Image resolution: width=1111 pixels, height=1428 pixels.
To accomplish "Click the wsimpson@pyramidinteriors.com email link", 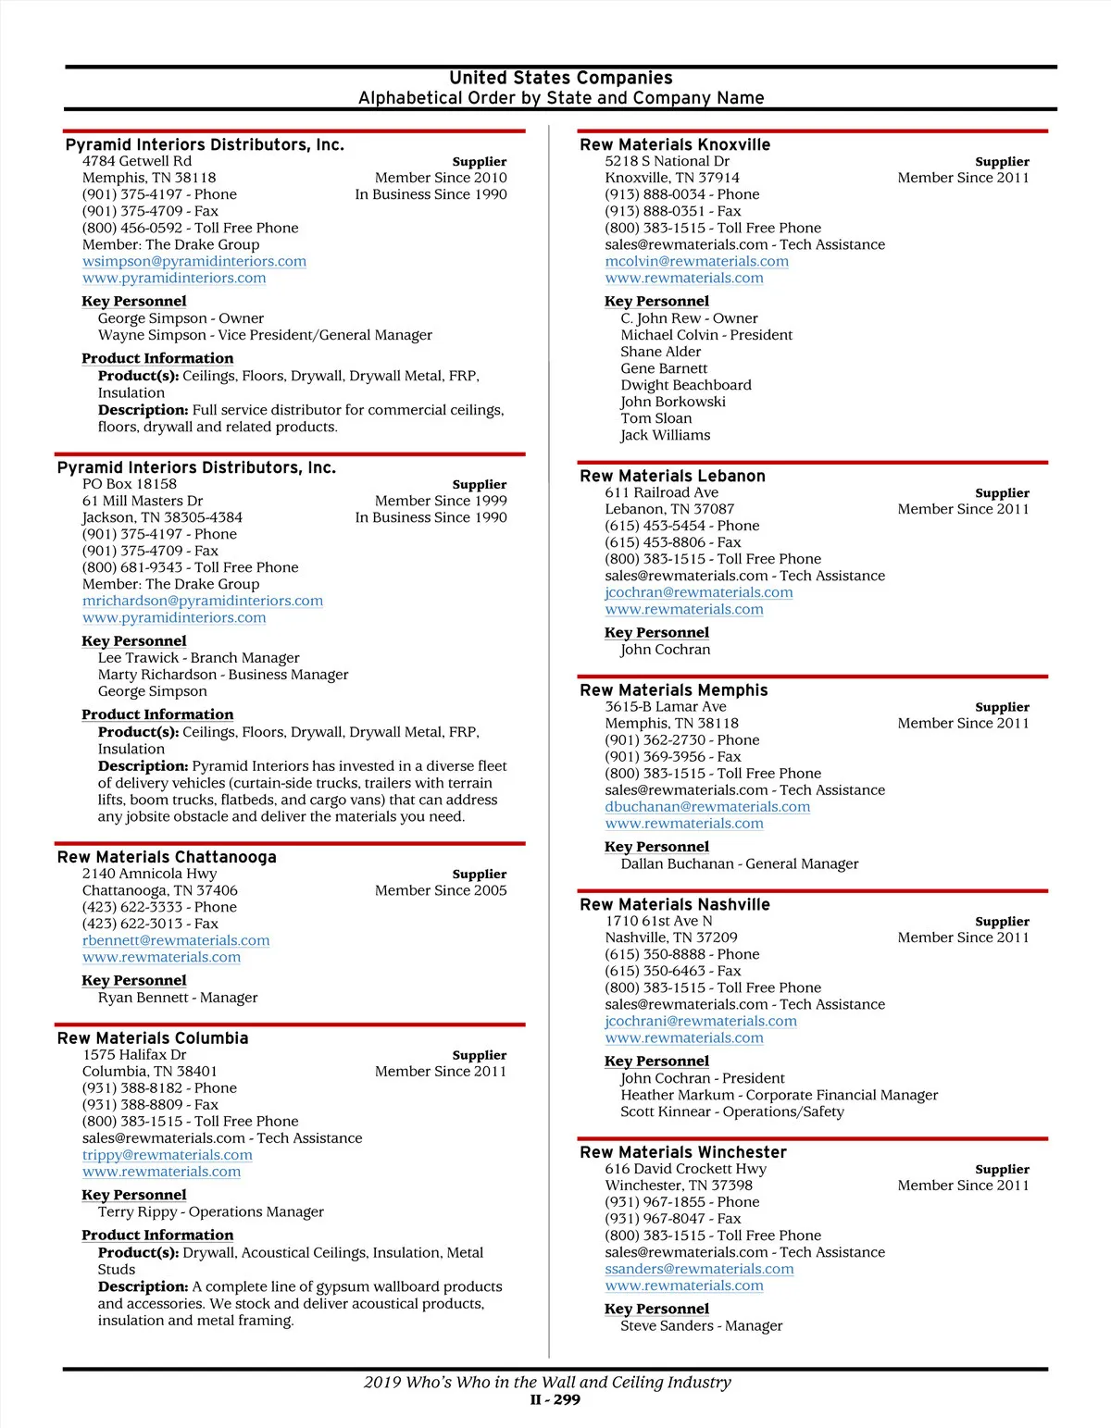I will coord(194,262).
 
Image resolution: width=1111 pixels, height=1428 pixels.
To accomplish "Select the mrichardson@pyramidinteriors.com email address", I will coord(203,602).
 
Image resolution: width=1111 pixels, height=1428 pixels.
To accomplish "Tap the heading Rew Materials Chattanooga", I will coord(167,858).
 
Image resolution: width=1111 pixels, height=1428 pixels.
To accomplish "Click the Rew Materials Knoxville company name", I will coord(675,145).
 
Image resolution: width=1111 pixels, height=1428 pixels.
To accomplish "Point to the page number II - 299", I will coord(555,1400).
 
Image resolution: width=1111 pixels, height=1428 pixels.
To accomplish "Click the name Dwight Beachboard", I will coord(686,386).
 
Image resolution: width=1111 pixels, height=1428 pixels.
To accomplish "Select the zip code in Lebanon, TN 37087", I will coord(713,510).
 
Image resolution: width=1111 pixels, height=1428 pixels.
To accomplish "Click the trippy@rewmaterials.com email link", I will coord(168,1156).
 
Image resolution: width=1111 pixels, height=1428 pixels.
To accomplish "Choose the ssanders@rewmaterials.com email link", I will coord(699,1270).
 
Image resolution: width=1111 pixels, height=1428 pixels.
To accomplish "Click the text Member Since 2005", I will coord(441,891).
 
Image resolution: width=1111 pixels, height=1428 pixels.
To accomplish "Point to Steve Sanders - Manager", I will coord(702,1326).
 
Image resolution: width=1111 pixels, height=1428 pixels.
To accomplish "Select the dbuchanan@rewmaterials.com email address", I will coord(707,807).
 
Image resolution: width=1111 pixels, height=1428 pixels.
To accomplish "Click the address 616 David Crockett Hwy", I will coord(686,1169).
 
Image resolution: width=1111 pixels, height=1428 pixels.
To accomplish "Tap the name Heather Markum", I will coord(678,1096).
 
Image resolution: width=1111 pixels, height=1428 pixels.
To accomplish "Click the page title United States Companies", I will coord(561,79).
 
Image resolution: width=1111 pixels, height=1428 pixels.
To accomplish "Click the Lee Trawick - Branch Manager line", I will coord(199,658).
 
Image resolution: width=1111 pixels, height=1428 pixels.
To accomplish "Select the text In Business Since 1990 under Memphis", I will coord(431,195).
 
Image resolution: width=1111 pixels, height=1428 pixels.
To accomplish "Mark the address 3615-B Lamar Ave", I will coord(666,707).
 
